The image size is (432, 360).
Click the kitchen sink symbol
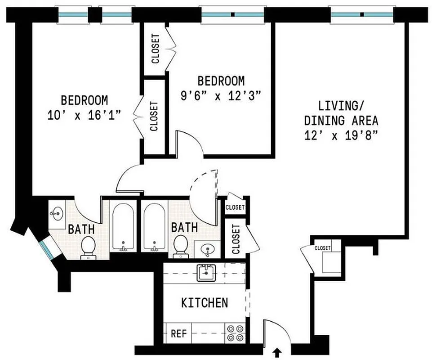click(x=206, y=272)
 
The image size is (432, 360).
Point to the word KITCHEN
click(x=204, y=303)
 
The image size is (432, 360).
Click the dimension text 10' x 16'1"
click(x=85, y=115)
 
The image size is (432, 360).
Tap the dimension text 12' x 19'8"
click(x=341, y=135)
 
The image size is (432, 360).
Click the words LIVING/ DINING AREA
click(x=341, y=113)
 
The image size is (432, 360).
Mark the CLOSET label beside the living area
click(x=322, y=248)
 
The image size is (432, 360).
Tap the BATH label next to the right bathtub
click(x=184, y=227)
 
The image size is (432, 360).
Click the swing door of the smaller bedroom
click(x=189, y=143)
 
